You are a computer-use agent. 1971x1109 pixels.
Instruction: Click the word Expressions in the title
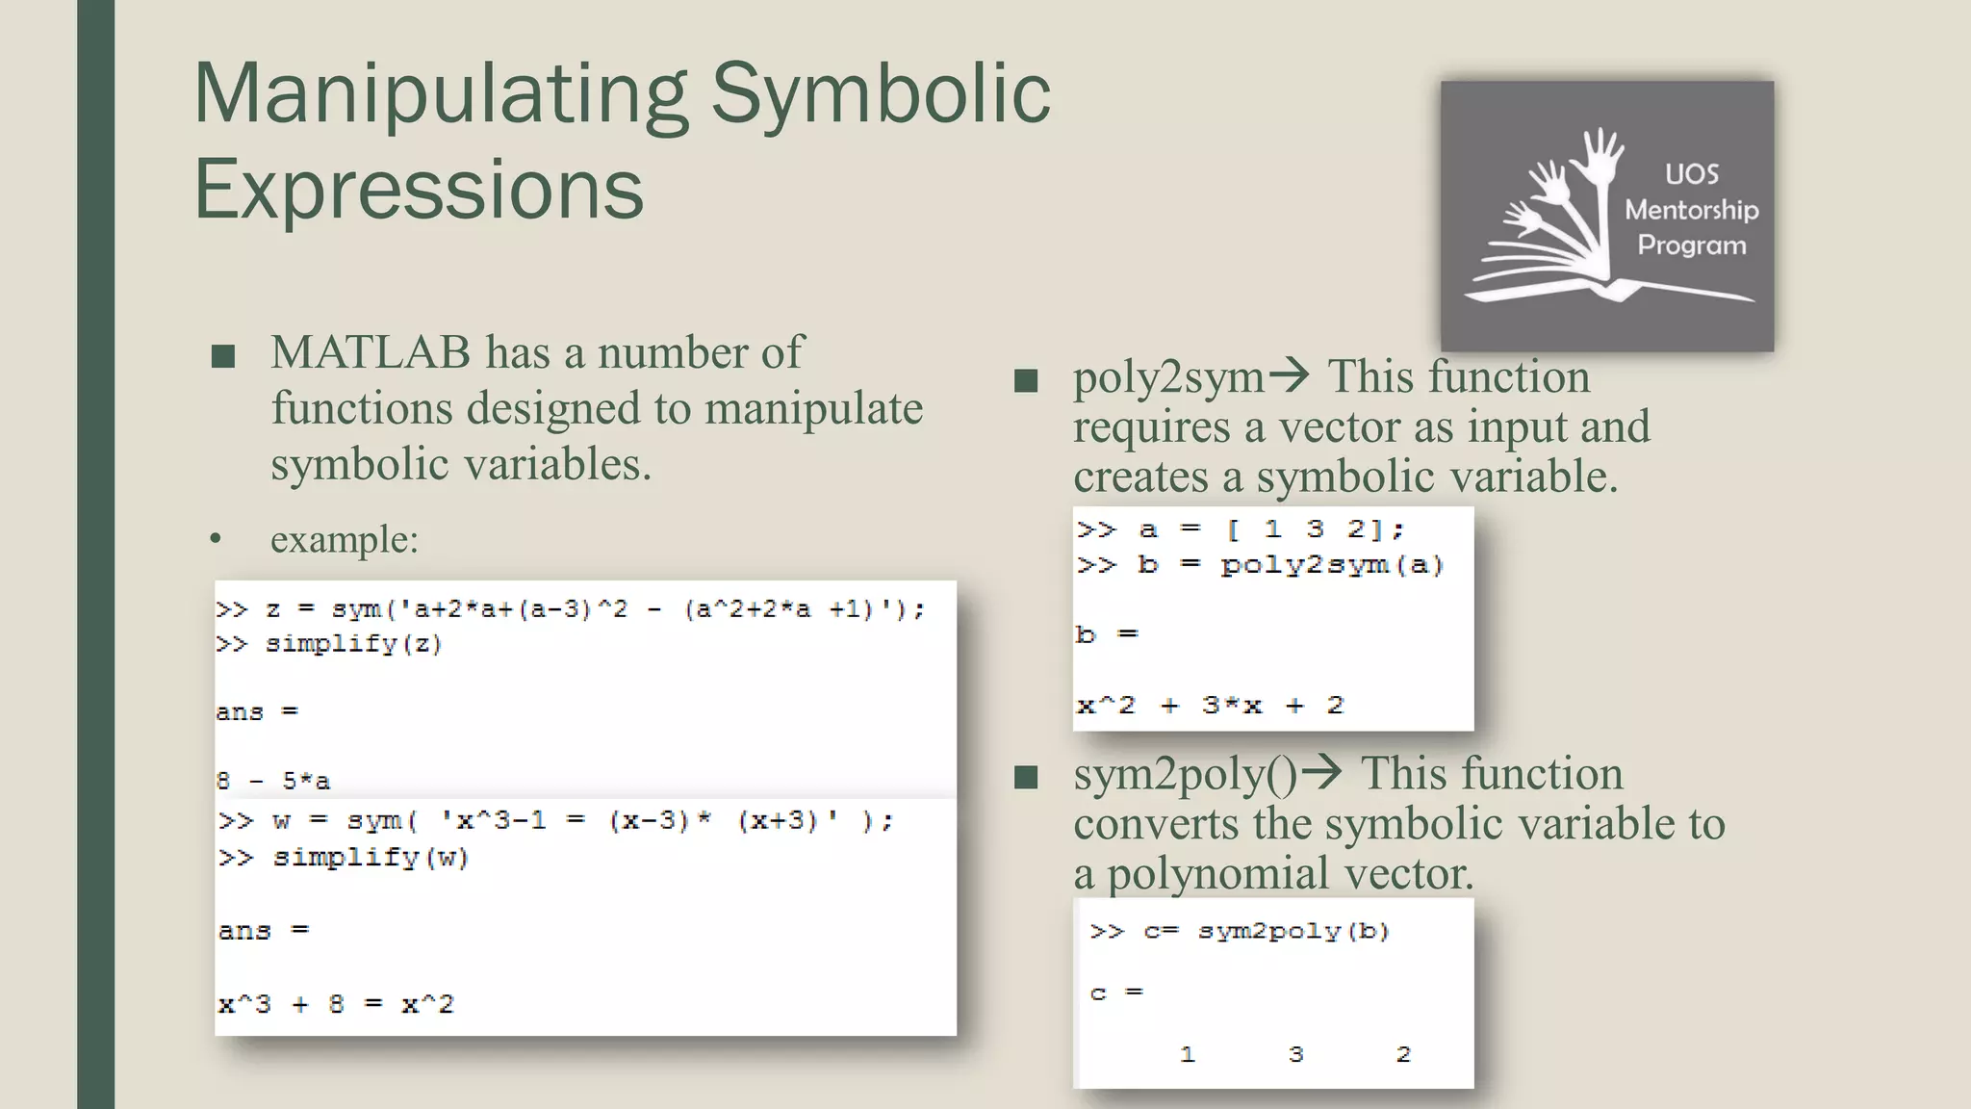click(x=419, y=189)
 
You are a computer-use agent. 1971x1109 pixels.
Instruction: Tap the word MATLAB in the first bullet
click(x=371, y=352)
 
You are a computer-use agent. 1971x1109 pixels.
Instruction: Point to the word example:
click(x=345, y=539)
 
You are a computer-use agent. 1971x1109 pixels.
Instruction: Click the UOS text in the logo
click(x=1692, y=174)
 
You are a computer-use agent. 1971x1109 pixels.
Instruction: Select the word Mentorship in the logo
click(x=1691, y=210)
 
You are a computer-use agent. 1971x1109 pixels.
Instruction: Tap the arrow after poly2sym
click(x=1290, y=374)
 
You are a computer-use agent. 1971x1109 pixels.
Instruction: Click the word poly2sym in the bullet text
click(x=1168, y=377)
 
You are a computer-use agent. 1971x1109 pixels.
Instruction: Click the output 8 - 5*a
click(x=273, y=781)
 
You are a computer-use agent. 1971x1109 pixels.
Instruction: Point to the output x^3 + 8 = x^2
click(x=336, y=1005)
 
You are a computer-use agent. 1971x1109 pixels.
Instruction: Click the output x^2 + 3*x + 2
click(x=1210, y=706)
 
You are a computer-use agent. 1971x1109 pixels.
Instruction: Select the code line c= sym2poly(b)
click(x=1266, y=931)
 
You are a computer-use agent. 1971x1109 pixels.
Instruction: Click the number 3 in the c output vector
click(x=1295, y=1054)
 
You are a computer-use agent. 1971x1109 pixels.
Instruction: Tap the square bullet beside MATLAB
click(x=223, y=357)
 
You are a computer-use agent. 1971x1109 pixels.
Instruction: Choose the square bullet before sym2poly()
click(x=1026, y=777)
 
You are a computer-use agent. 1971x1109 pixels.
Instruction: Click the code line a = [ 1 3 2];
click(x=1270, y=529)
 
